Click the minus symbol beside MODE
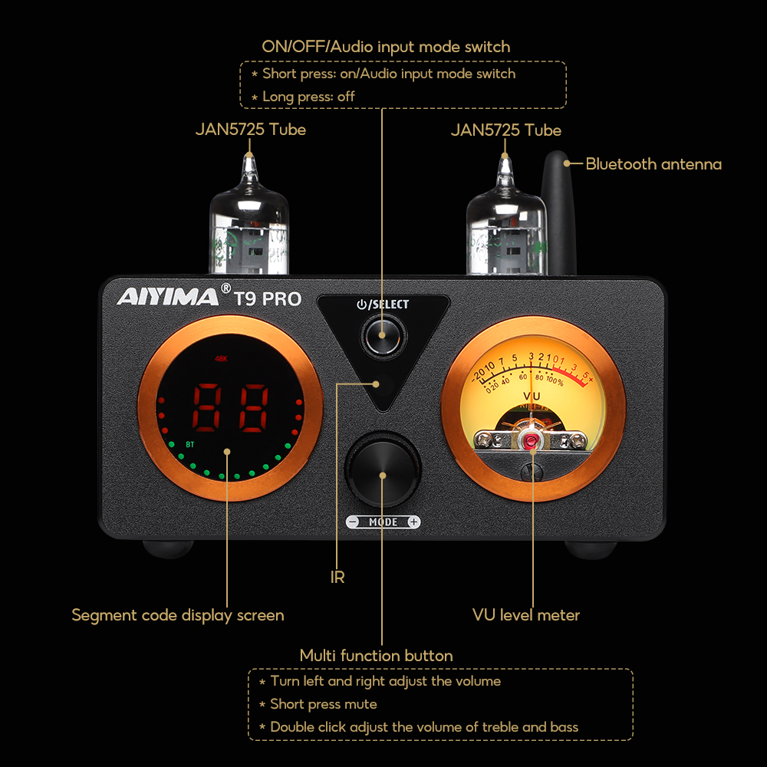(353, 522)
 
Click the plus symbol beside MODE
(413, 522)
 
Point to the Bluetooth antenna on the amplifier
(556, 207)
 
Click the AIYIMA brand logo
(168, 296)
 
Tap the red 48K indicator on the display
(222, 357)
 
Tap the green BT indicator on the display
(189, 443)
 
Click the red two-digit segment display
(229, 408)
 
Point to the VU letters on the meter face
(531, 397)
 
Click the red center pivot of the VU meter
(531, 439)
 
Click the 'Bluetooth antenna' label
(653, 163)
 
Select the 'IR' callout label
(337, 578)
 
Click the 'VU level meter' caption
(525, 615)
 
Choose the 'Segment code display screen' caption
(178, 615)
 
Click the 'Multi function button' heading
(376, 656)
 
